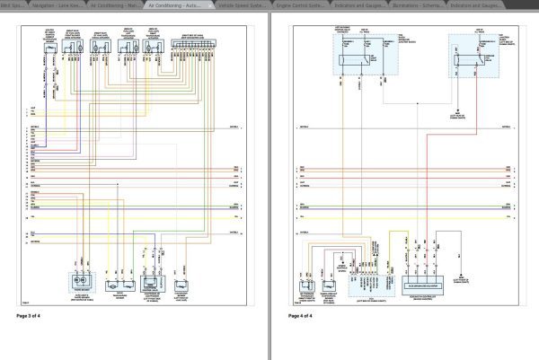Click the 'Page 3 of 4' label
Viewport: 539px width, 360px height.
[29, 316]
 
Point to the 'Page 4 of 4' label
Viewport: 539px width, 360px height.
[302, 316]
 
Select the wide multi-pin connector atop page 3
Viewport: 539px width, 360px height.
[191, 45]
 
